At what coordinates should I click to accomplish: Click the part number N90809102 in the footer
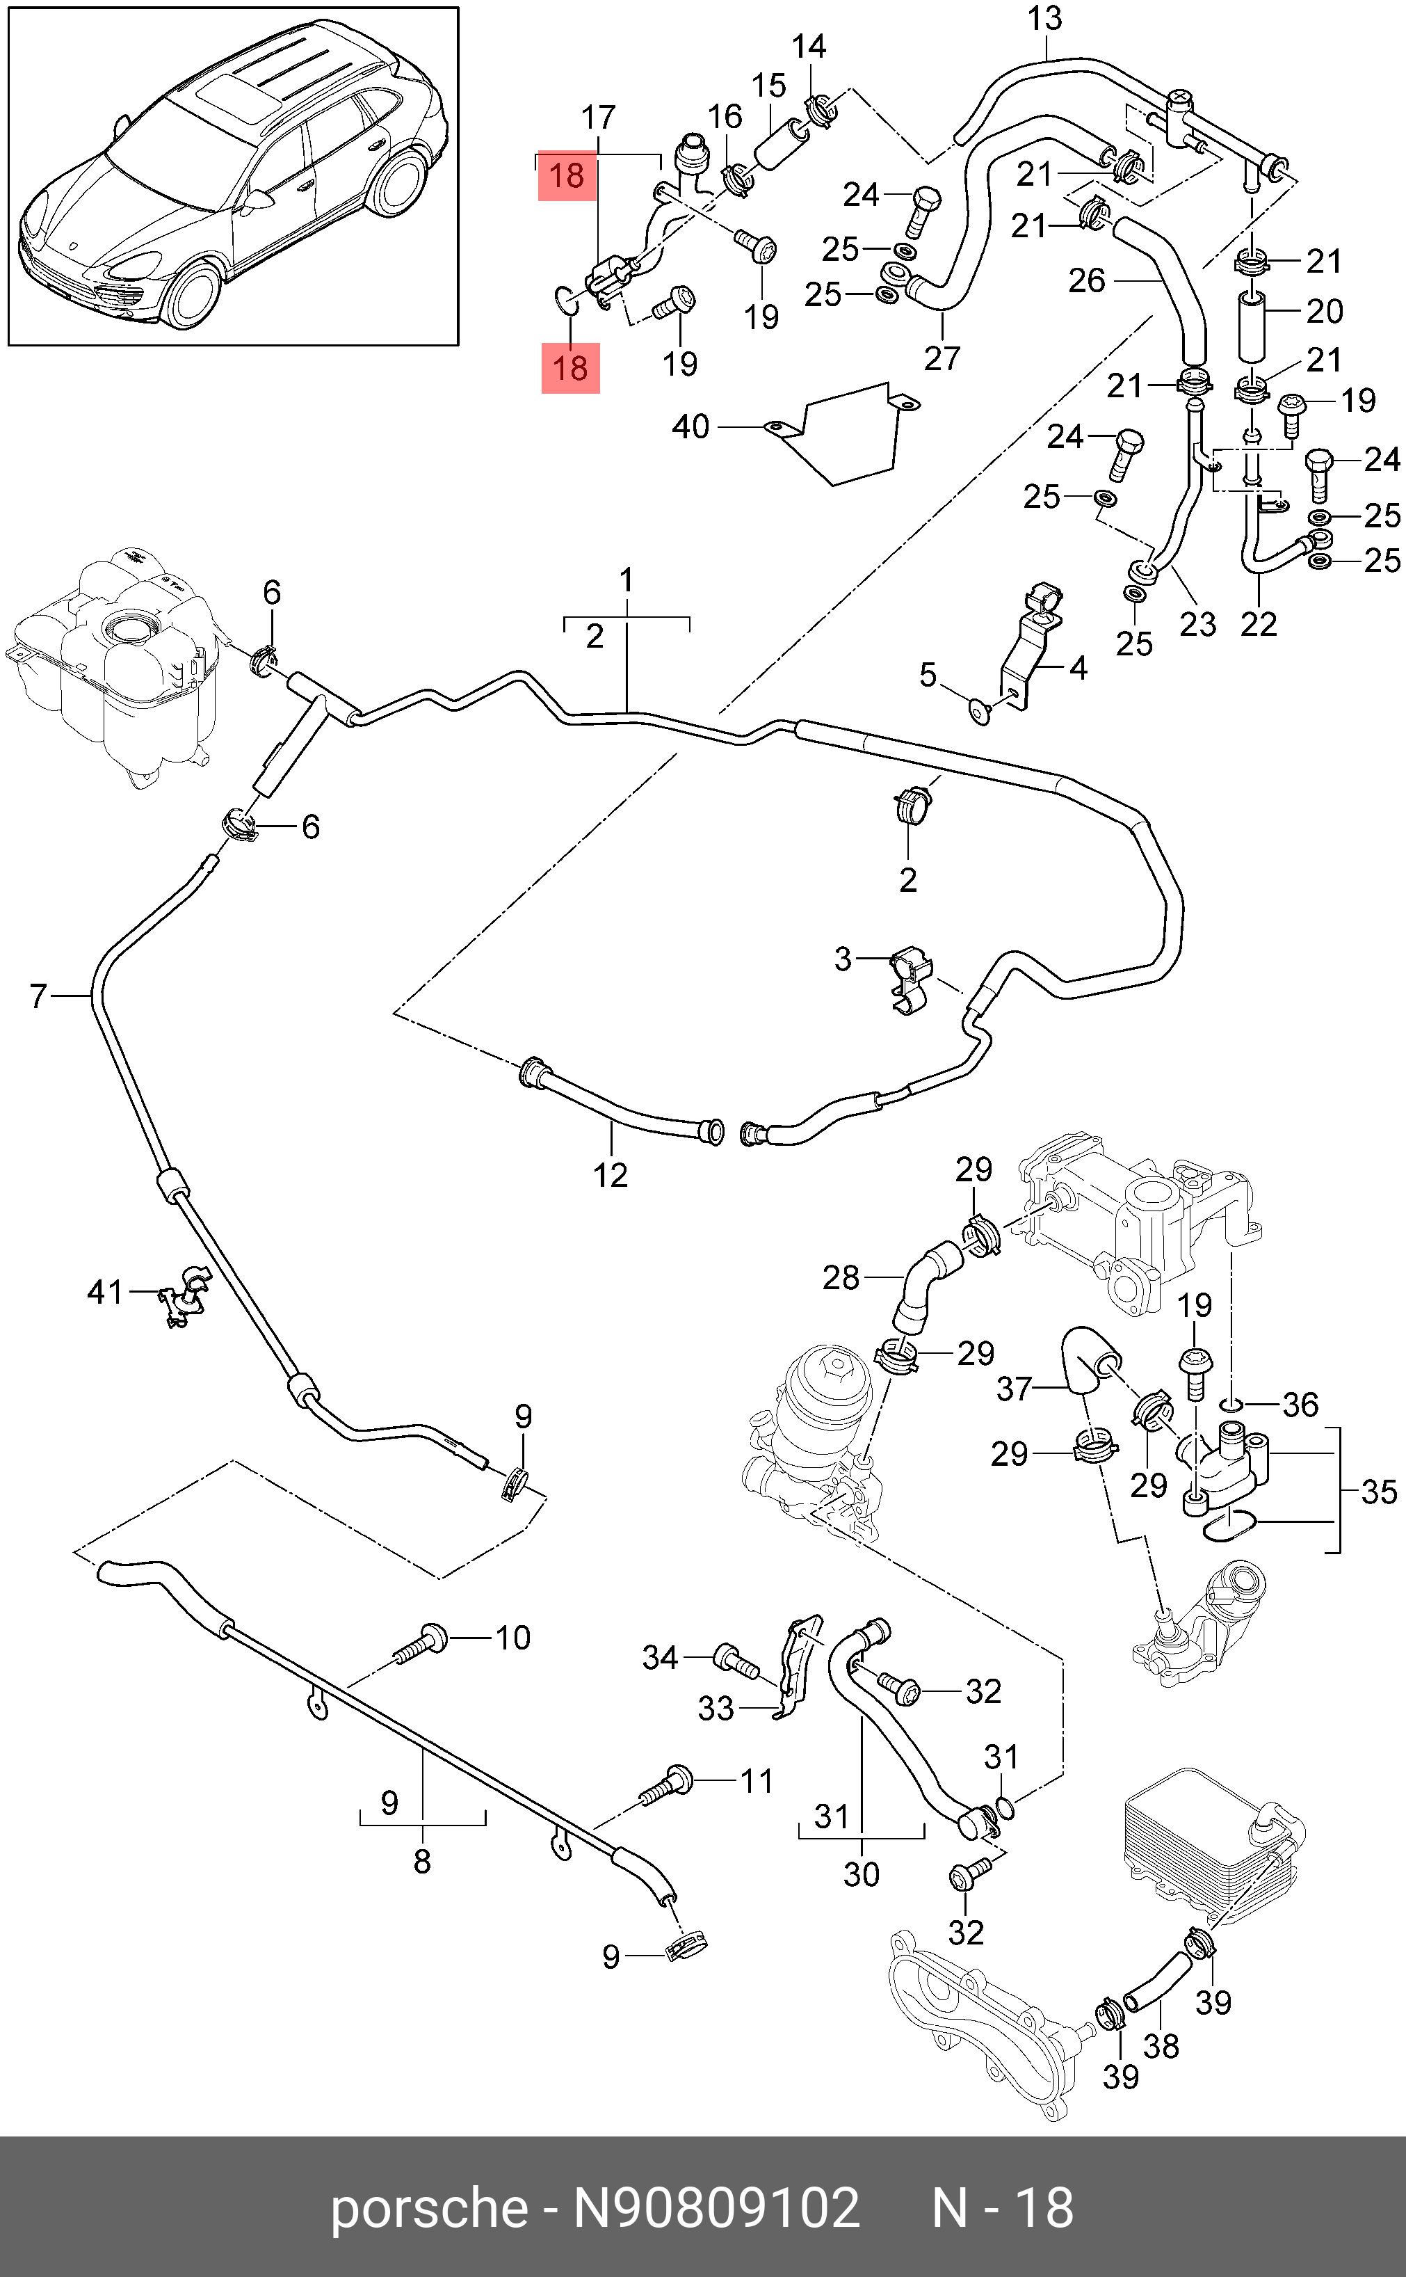716,2208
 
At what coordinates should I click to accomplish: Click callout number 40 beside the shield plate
691,427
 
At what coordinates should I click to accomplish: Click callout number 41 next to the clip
104,1292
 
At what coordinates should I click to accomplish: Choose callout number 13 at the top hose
1045,19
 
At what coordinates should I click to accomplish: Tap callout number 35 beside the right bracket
1378,1492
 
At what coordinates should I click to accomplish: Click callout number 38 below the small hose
1161,2046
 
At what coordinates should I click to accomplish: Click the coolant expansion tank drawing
116,665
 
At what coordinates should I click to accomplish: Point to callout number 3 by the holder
843,959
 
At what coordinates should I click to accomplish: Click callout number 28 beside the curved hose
841,1278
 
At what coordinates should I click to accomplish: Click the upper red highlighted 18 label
567,176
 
